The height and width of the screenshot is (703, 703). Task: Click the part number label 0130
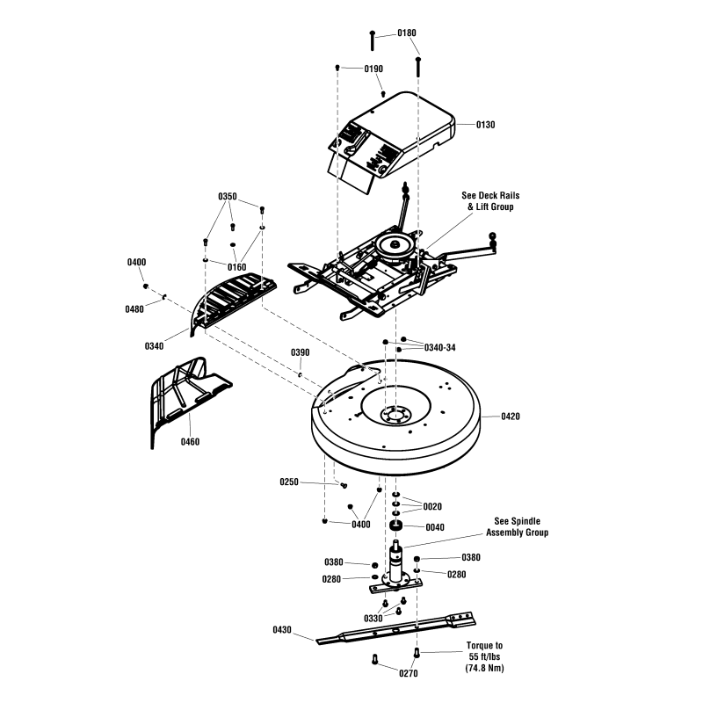tap(485, 125)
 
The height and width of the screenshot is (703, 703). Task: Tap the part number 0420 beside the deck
tap(511, 416)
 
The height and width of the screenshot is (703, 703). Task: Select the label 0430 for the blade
tap(283, 630)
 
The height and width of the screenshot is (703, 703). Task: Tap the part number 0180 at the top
tap(406, 33)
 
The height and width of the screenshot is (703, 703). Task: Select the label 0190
tap(374, 69)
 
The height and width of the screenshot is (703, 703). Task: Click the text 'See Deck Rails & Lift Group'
tap(488, 201)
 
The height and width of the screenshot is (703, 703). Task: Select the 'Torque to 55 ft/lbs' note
tap(485, 656)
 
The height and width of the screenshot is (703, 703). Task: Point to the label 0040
tap(434, 527)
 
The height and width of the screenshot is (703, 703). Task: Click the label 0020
tap(432, 507)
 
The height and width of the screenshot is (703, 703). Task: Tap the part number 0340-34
tap(439, 348)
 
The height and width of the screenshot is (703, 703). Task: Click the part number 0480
tap(134, 308)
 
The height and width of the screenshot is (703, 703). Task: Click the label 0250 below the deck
tap(289, 482)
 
